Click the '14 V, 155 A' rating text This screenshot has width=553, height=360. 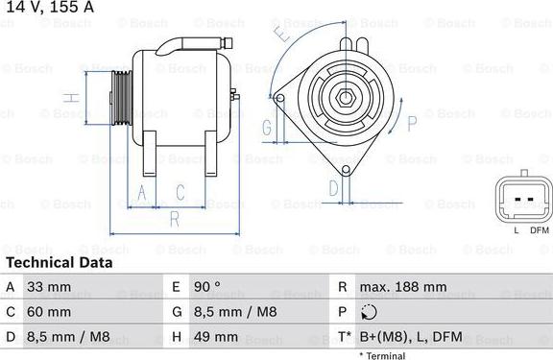[x=51, y=7]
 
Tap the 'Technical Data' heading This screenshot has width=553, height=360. [x=60, y=263]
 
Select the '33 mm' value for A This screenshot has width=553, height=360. [x=49, y=287]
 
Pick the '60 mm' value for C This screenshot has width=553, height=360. [x=49, y=312]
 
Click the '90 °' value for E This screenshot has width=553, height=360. [x=207, y=287]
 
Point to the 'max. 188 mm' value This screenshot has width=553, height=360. [x=403, y=287]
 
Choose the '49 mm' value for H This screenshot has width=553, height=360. [x=216, y=337]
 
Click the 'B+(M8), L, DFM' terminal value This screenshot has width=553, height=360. [x=411, y=337]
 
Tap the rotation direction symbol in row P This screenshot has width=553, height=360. [x=369, y=312]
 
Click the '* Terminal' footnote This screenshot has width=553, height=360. [x=382, y=356]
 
